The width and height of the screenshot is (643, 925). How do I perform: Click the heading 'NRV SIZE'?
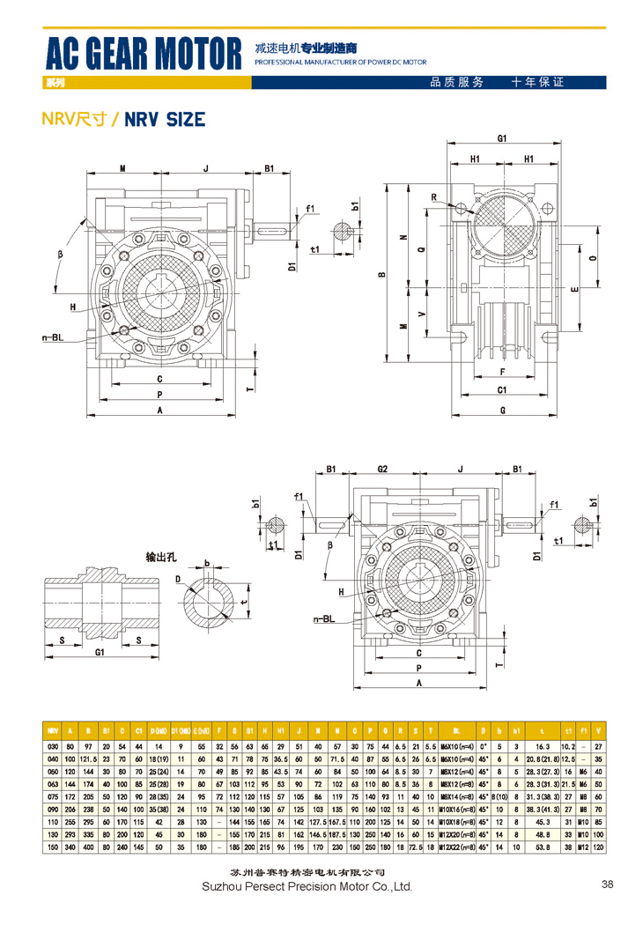pos(165,119)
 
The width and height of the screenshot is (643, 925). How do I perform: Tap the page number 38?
pos(607,884)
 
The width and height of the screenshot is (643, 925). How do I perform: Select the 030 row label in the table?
pos(53,745)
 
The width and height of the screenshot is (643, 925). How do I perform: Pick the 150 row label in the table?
pos(53,847)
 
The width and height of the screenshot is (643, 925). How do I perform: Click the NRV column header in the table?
pos(53,730)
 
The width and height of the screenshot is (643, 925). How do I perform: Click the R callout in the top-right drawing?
pos(434,196)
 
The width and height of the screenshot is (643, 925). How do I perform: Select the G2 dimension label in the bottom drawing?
pos(382,470)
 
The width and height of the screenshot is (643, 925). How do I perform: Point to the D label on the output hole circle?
pos(178,579)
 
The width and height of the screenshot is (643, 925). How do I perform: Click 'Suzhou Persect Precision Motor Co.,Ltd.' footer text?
pos(307,886)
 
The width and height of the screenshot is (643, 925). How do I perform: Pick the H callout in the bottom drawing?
pos(339,592)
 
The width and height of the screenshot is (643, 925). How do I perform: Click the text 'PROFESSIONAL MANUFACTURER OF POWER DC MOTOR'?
pos(339,63)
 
